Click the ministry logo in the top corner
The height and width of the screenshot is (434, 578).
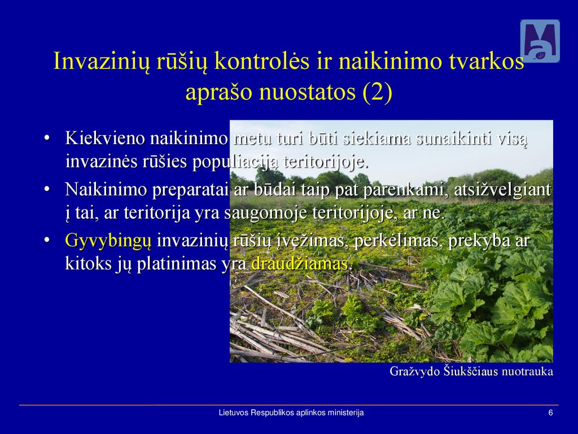[x=540, y=41]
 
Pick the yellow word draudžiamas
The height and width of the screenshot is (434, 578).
[x=300, y=264]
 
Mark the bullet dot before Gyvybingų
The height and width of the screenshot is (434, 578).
[x=46, y=241]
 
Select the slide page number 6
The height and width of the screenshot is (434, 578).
[x=551, y=413]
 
